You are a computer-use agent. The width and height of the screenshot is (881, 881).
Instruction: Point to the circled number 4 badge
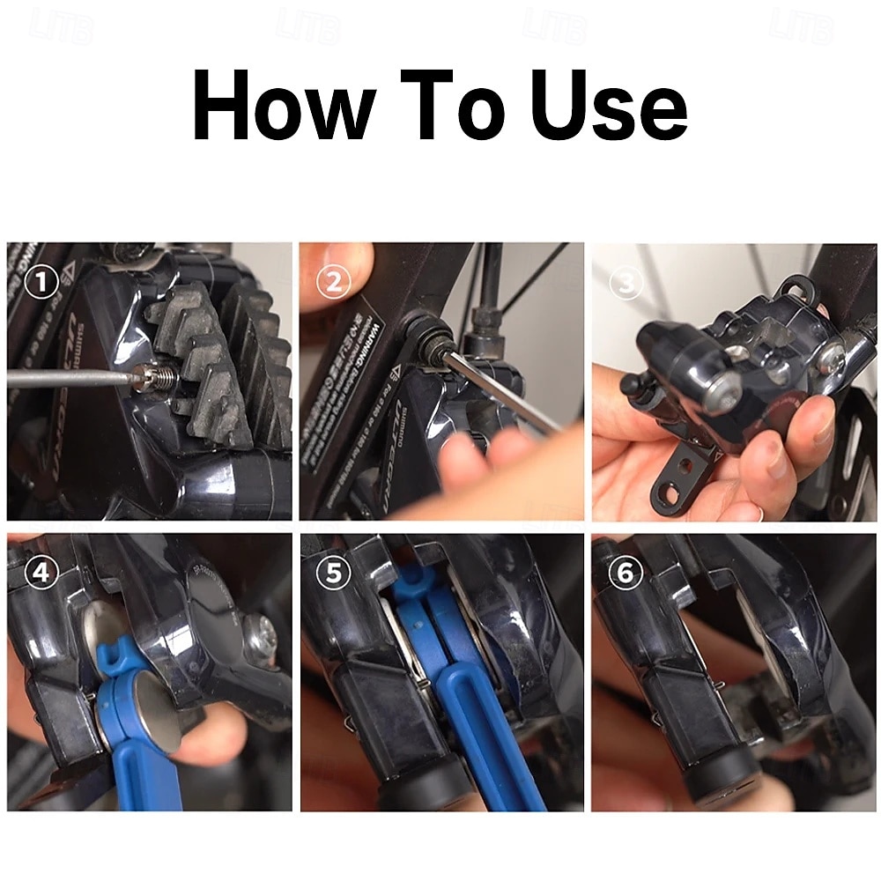pos(41,574)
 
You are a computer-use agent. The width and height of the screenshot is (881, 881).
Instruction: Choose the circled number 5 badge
pos(333,574)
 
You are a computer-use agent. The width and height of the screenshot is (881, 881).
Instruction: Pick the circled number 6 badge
pos(625,574)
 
